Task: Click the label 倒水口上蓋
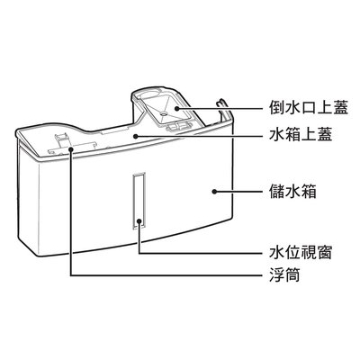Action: tap(309, 108)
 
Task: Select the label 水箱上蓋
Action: tap(301, 136)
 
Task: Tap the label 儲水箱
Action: tap(292, 191)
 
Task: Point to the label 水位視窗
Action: tap(301, 253)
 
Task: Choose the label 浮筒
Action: tap(284, 274)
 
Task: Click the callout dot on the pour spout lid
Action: tap(177, 108)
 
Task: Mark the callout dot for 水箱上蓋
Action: tap(136, 136)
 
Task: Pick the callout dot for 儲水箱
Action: tap(214, 192)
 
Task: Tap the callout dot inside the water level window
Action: tap(139, 221)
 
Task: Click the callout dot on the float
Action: tap(71, 149)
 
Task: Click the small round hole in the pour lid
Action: tap(163, 114)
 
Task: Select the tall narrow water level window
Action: tap(139, 201)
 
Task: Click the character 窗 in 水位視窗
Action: tap(324, 253)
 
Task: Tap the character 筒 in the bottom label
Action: tap(292, 274)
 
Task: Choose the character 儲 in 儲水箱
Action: tap(277, 191)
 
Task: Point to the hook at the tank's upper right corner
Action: tap(222, 104)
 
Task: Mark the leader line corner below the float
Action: tap(71, 275)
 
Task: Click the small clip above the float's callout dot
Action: tap(62, 139)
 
